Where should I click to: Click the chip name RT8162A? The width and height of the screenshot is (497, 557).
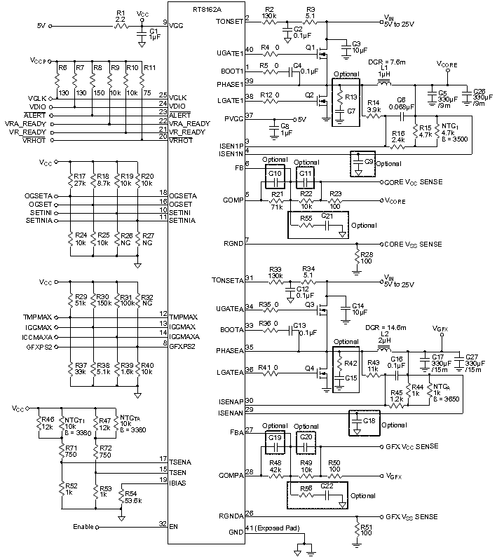click(x=192, y=6)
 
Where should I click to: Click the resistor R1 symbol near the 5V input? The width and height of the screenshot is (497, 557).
click(x=121, y=25)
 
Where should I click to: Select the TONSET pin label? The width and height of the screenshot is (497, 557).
click(x=229, y=21)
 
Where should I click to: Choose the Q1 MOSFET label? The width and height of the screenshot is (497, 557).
click(x=311, y=46)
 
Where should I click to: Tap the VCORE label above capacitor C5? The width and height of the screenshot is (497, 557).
click(x=447, y=64)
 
